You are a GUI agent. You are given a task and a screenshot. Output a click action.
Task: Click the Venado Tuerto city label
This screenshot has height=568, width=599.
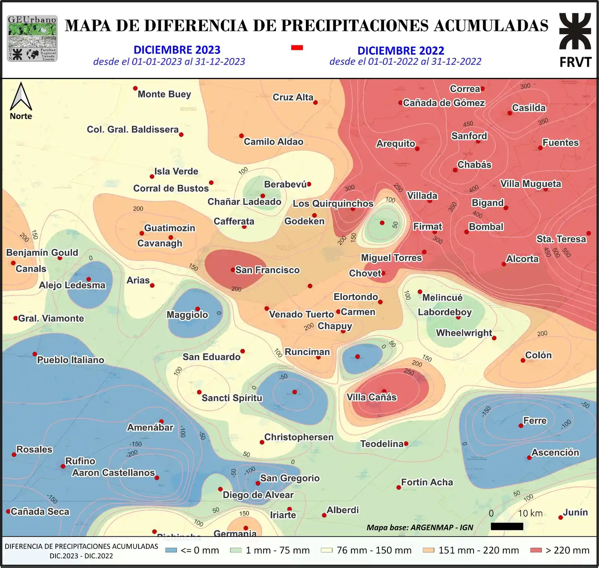301,314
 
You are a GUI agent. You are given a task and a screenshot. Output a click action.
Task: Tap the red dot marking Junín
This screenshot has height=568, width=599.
561,517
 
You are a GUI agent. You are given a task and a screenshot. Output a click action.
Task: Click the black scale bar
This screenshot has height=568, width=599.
507,526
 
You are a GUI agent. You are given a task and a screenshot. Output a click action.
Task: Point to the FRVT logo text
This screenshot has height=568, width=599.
575,62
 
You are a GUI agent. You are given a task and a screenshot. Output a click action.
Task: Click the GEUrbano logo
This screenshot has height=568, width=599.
32,38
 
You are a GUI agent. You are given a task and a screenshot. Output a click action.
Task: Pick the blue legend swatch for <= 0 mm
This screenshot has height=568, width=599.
171,550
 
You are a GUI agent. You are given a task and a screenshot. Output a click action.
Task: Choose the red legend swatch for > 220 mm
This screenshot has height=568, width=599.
536,550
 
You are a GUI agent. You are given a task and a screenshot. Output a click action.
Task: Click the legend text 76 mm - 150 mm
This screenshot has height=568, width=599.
374,550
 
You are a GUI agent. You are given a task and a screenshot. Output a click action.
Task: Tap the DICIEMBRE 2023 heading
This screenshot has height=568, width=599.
177,50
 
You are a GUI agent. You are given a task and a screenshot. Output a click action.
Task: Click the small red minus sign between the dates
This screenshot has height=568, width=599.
297,48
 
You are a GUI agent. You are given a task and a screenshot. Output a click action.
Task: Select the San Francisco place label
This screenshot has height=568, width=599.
267,270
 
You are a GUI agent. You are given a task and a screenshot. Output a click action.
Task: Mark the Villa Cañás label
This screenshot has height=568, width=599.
371,397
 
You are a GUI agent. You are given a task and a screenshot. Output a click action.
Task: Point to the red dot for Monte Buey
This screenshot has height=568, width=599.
135,88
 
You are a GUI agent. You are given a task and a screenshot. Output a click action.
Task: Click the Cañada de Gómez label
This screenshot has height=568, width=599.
444,103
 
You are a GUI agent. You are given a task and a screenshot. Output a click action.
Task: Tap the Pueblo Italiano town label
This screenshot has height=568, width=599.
70,360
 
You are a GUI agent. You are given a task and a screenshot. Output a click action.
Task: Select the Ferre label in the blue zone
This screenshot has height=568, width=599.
535,421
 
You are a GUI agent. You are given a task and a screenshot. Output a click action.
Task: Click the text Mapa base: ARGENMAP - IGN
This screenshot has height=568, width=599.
420,527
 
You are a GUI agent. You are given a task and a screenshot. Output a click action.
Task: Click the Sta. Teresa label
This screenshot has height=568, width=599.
561,239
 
